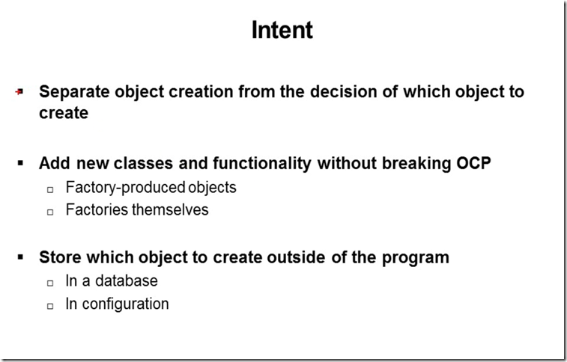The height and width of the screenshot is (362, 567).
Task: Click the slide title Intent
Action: pos(282,30)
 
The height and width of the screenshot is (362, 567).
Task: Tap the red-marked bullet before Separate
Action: pos(19,92)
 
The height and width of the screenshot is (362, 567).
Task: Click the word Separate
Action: pos(75,92)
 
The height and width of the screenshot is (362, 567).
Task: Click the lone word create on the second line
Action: pos(64,113)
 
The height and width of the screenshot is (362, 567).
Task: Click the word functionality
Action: pos(262,164)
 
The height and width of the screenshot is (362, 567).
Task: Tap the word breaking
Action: pos(416,164)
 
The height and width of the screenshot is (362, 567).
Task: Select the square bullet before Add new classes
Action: pos(20,163)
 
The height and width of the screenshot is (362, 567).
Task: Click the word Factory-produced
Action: pos(125,188)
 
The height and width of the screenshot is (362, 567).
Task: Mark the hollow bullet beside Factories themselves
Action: pos(50,212)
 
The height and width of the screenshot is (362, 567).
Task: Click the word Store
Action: pos(60,257)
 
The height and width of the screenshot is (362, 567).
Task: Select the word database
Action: pos(126,280)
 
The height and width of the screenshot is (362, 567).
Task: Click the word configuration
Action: pos(126,304)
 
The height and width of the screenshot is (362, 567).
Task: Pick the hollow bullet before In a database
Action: pos(50,283)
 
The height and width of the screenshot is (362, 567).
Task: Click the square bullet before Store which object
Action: pos(20,257)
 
